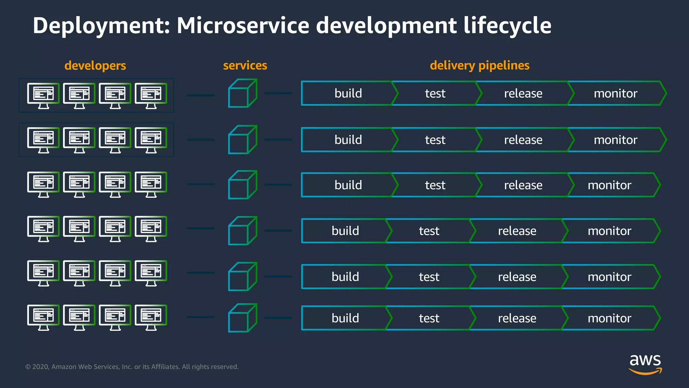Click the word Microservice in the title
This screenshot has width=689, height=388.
pyautogui.click(x=243, y=26)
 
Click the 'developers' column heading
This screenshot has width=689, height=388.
pyautogui.click(x=95, y=65)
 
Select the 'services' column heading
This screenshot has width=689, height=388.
pyautogui.click(x=245, y=65)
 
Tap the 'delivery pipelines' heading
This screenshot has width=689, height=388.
pyautogui.click(x=479, y=65)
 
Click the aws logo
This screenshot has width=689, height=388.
pyautogui.click(x=645, y=364)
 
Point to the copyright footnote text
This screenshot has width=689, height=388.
pyautogui.click(x=132, y=367)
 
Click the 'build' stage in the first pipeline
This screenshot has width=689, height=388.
pyautogui.click(x=348, y=93)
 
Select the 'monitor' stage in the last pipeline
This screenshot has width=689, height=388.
pyautogui.click(x=609, y=318)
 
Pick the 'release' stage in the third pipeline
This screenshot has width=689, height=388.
pyautogui.click(x=523, y=185)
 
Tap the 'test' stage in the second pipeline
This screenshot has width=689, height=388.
pyautogui.click(x=435, y=140)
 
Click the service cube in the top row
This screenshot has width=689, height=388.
pyautogui.click(x=243, y=93)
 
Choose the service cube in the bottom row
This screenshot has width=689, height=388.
pyautogui.click(x=243, y=318)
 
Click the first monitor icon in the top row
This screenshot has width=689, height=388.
pyautogui.click(x=43, y=96)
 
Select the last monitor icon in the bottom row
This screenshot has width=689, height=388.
pyautogui.click(x=151, y=317)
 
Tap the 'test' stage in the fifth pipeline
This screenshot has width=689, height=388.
pyautogui.click(x=429, y=277)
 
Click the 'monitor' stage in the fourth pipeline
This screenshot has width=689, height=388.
pyautogui.click(x=609, y=231)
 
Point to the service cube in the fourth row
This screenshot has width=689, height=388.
pyautogui.click(x=243, y=231)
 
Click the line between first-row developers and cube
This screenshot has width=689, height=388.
pyautogui.click(x=201, y=95)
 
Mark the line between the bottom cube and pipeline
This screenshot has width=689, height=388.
pyautogui.click(x=278, y=318)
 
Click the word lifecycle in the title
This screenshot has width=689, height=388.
pyautogui.click(x=507, y=26)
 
